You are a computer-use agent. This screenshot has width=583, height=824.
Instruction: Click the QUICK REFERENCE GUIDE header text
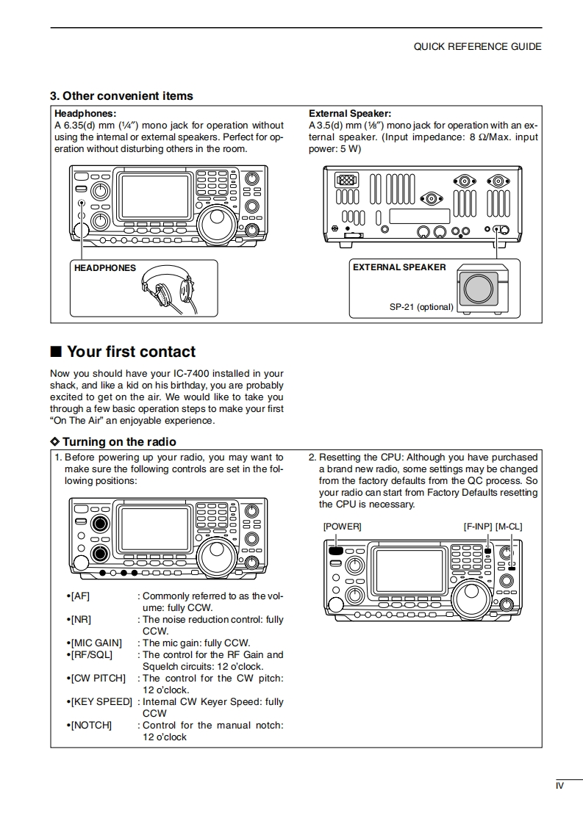pyautogui.click(x=477, y=46)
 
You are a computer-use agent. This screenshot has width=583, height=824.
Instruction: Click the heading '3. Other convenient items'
pyautogui.click(x=121, y=95)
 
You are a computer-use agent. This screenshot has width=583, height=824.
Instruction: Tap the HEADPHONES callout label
pyautogui.click(x=105, y=268)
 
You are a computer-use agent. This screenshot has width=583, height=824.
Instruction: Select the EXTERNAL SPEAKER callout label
pyautogui.click(x=399, y=267)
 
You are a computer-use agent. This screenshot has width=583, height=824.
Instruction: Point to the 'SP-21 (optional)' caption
pyautogui.click(x=421, y=307)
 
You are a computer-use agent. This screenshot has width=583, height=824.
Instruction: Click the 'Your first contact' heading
pyautogui.click(x=131, y=351)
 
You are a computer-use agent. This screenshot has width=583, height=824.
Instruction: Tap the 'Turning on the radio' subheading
pyautogui.click(x=118, y=441)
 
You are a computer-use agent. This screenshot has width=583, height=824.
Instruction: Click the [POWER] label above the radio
pyautogui.click(x=342, y=527)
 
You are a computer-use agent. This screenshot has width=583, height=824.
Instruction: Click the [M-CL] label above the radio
pyautogui.click(x=509, y=527)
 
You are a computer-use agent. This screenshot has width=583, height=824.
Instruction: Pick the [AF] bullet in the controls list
pyautogui.click(x=79, y=596)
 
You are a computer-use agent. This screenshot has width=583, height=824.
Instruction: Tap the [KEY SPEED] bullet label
pyautogui.click(x=101, y=702)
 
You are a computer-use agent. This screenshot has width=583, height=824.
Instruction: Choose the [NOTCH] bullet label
pyautogui.click(x=91, y=726)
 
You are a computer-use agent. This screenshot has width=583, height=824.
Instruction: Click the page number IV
pyautogui.click(x=559, y=786)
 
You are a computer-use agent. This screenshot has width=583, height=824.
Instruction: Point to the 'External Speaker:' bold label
pyautogui.click(x=350, y=114)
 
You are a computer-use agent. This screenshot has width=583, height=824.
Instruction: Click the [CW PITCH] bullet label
pyautogui.click(x=98, y=679)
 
